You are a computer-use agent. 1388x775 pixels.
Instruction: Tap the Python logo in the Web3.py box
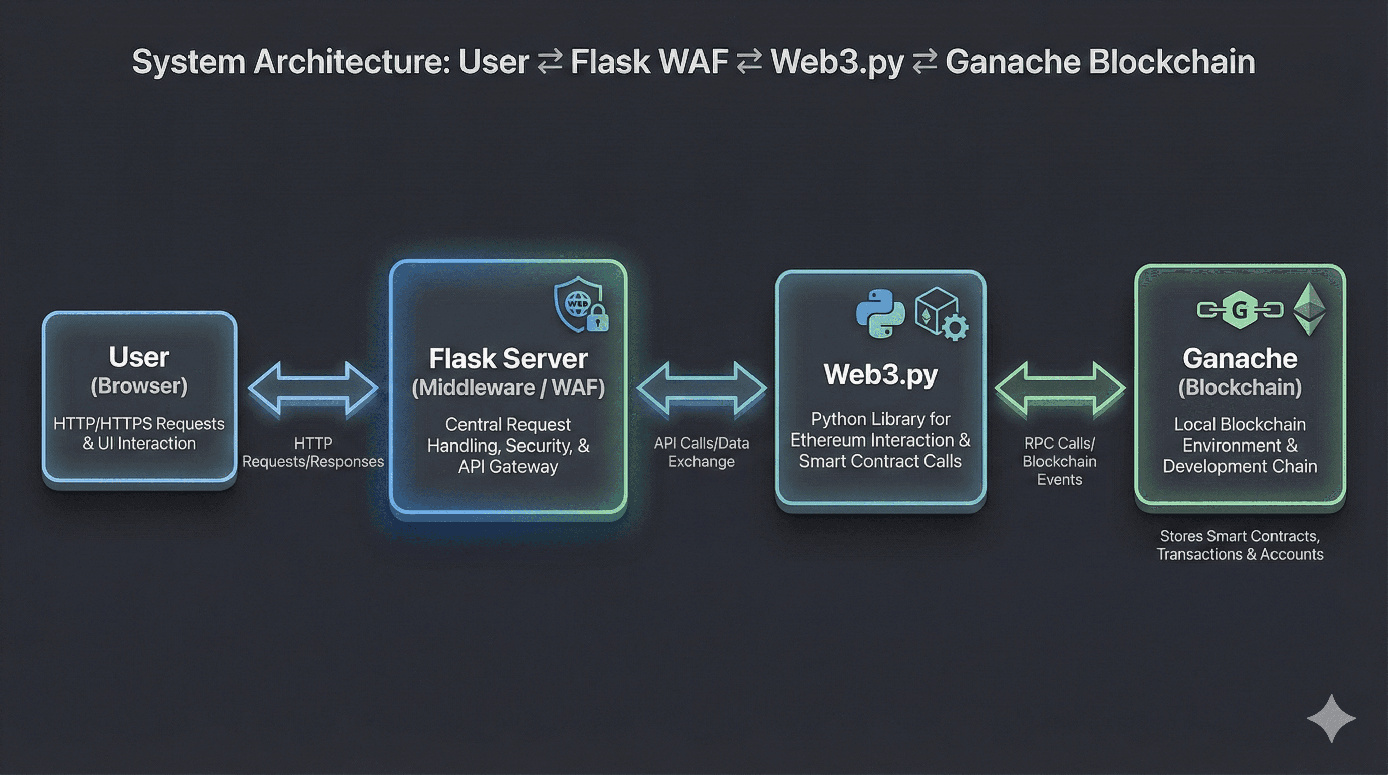[x=880, y=313]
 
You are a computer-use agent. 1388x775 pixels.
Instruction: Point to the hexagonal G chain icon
[x=1240, y=310]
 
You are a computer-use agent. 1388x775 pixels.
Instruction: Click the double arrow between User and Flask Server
[x=313, y=388]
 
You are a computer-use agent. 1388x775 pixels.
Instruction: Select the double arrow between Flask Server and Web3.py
[x=701, y=388]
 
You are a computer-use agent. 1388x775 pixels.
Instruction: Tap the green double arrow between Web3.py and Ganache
[x=1059, y=388]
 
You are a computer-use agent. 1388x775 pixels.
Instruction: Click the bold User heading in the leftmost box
[x=139, y=357]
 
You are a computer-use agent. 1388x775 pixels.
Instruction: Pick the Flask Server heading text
[x=508, y=359]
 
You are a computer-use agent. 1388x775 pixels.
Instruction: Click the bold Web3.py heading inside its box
[x=881, y=374]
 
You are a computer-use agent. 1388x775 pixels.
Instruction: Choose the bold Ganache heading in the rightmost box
[x=1240, y=358]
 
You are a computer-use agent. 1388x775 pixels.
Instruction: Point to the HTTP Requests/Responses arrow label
[x=313, y=452]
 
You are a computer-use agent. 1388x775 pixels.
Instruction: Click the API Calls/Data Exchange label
[x=701, y=452]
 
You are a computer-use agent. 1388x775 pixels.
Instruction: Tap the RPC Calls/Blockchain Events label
[x=1059, y=461]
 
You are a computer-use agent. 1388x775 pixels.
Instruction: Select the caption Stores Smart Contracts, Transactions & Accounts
[x=1240, y=545]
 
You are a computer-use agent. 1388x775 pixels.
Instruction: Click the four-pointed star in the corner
[x=1331, y=718]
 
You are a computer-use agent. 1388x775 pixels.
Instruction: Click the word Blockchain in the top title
[x=1172, y=62]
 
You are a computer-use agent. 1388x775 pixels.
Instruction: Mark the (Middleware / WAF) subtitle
[x=508, y=387]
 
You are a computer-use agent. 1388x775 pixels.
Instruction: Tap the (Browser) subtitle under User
[x=139, y=386]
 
